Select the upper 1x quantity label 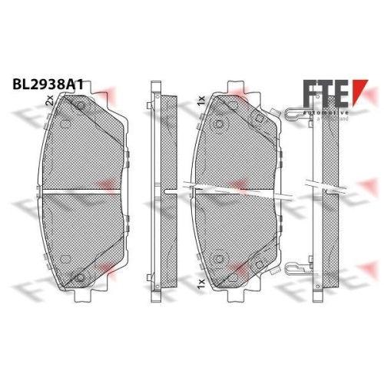[x=200, y=101]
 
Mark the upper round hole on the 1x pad [x=220, y=125]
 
